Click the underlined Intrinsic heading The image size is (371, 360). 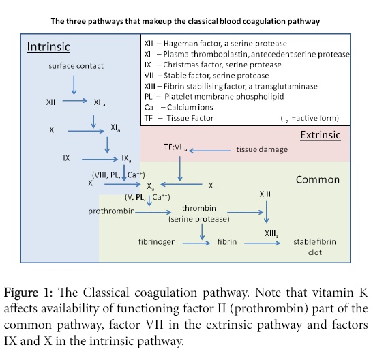pos(48,47)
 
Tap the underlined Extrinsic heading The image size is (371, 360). pos(321,135)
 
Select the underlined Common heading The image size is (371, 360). pos(318,180)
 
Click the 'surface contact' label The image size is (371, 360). pos(76,66)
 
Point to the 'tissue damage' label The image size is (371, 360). pos(262,149)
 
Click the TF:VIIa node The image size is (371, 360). pos(175,147)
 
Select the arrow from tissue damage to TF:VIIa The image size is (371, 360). pos(209,151)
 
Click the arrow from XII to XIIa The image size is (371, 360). pos(75,101)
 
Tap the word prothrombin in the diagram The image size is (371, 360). pos(111,211)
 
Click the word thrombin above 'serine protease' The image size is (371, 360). pos(198,208)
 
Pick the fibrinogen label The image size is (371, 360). pos(157,242)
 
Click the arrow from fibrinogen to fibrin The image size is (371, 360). pos(196,243)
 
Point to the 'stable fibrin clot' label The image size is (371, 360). pos(314,247)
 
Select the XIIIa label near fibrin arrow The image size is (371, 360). pos(271,234)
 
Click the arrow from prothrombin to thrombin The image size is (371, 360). pos(153,212)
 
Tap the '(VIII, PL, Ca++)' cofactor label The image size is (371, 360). pos(118,175)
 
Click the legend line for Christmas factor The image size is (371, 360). pos(213,65)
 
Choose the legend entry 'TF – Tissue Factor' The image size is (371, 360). pos(179,118)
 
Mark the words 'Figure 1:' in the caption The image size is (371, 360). pos(28,292)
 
